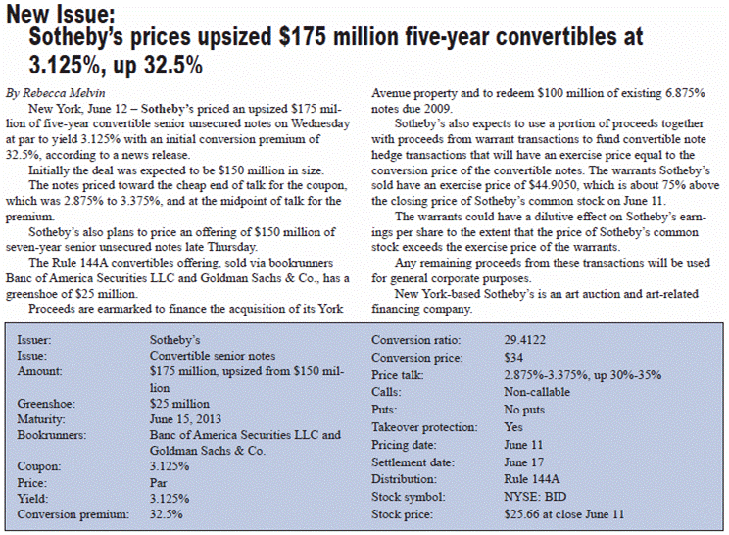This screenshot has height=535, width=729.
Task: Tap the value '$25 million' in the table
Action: [180, 403]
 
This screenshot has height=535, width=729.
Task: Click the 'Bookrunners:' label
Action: [51, 434]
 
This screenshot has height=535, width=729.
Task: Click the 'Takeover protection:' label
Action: [423, 427]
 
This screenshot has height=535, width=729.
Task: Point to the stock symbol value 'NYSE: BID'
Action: [534, 496]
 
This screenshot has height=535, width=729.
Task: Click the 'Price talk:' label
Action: [400, 375]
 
